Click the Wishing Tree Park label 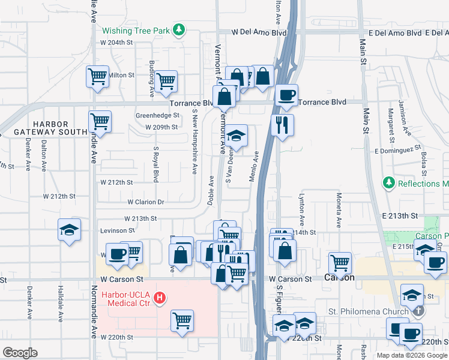pos(136,30)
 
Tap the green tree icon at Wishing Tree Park pos(178,29)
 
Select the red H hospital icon pos(159,297)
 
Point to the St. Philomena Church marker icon pos(419,311)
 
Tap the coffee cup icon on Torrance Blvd pos(286,95)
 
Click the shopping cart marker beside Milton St pos(97,77)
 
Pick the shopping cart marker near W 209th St pos(100,121)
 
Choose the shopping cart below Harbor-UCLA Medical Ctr pos(182,320)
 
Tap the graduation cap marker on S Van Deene pos(237,135)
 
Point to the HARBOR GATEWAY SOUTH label pos(59,128)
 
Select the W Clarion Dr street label pos(145,203)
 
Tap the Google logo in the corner pos(20,353)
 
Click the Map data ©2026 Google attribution pos(412,355)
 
